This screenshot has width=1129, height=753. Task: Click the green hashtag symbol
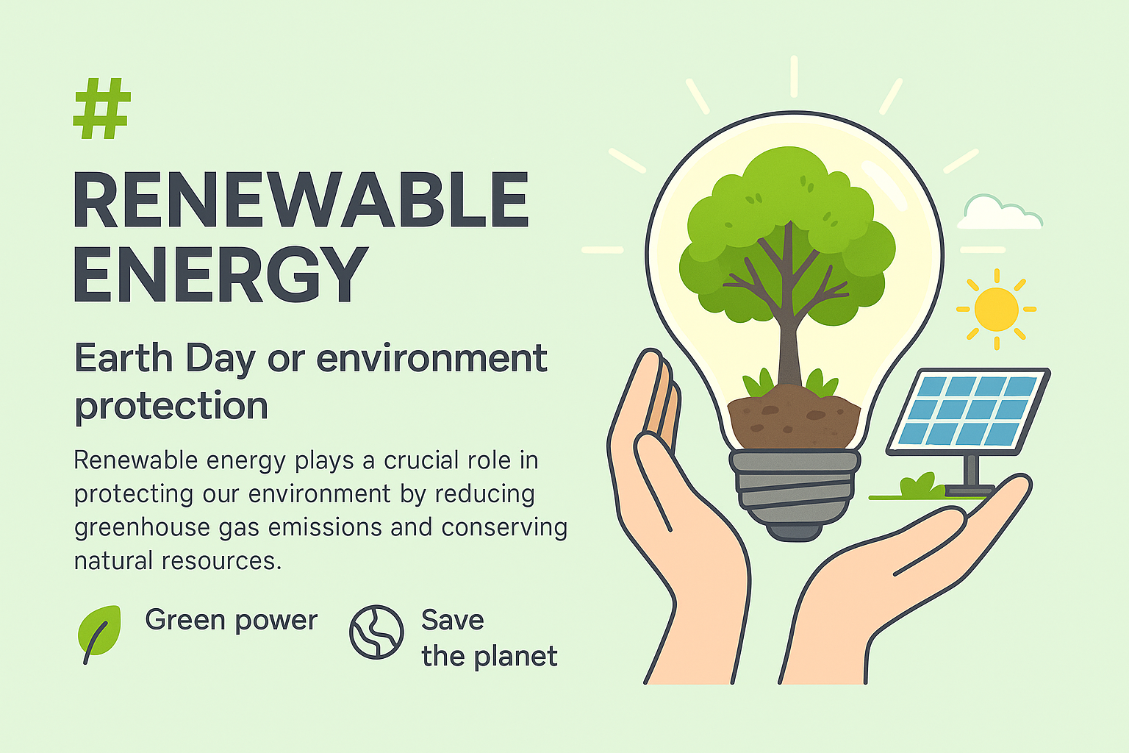pos(102,108)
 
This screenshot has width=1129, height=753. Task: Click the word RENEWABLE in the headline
pos(301,200)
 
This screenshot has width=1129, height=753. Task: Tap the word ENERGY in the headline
pos(221,274)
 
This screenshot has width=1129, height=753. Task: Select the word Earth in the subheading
pos(123,359)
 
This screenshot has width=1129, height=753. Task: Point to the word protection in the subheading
pos(171,407)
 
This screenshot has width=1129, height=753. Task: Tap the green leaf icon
pos(99,633)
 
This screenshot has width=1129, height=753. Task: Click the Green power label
pos(232,621)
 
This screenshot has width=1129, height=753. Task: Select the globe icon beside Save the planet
pos(376,632)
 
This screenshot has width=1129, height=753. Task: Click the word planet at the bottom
pos(515,657)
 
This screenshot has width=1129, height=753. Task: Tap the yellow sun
pos(997,309)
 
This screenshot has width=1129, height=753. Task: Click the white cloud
pos(1000,213)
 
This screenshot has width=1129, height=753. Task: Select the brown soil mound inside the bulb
pos(794,417)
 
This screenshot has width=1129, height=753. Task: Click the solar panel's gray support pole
pos(971,471)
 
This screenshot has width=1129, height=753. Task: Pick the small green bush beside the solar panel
pos(922,485)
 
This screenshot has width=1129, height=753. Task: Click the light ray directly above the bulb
pos(794,76)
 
